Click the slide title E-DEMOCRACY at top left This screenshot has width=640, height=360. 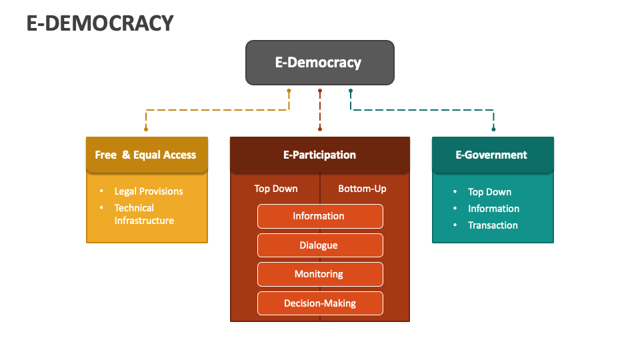point(100,23)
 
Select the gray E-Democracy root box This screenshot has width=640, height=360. point(319,63)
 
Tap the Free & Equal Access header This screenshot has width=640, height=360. point(146,155)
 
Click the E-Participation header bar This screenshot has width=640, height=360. point(319,155)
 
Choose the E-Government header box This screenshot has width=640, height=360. point(492,155)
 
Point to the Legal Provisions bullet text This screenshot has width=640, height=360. point(148,191)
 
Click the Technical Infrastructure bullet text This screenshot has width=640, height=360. point(143,214)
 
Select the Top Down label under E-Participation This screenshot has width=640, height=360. point(275,189)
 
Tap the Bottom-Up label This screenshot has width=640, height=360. point(362,189)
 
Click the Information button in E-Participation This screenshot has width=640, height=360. point(319,216)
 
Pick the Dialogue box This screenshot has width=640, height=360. point(319,245)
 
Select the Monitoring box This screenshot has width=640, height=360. point(319,274)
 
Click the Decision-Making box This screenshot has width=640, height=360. point(319,303)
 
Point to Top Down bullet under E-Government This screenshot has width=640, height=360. point(489,192)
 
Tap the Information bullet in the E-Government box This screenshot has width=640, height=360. point(493,209)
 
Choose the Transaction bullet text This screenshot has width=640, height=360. point(493,225)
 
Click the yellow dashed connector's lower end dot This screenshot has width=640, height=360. point(146,129)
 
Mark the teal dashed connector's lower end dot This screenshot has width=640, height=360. point(493,129)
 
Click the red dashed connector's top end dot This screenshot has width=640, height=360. point(320,91)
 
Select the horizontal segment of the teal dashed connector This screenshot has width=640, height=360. point(422,109)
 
